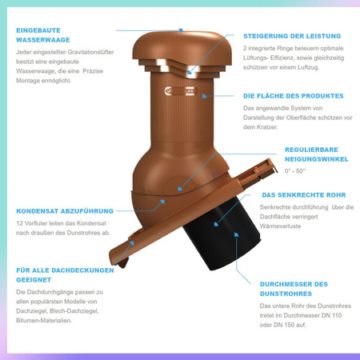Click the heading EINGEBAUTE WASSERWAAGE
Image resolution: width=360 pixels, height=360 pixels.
(x=43, y=35)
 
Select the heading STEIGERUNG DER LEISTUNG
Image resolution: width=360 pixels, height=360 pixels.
(x=292, y=36)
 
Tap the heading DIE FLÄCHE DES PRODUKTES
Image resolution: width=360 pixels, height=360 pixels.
(x=294, y=96)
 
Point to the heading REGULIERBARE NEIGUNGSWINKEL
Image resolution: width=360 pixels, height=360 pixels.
(x=317, y=154)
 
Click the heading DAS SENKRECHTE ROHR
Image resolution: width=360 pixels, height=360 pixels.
(x=304, y=195)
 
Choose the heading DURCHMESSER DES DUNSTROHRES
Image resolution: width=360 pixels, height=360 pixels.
(x=294, y=289)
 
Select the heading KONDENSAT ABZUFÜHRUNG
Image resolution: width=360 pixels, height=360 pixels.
(x=65, y=211)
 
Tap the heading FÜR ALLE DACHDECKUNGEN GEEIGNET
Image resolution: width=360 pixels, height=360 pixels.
(x=65, y=275)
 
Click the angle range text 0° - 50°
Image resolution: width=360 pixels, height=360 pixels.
(x=294, y=171)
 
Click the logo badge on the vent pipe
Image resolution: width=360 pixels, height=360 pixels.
(x=181, y=91)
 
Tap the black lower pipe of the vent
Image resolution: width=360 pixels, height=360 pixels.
(x=222, y=234)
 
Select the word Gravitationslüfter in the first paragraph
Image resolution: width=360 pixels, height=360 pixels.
(x=90, y=52)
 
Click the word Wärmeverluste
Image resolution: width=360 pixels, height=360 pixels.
(x=280, y=226)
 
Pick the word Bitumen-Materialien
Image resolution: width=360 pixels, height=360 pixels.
(x=44, y=321)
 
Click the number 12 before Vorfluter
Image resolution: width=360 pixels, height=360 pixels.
(x=19, y=223)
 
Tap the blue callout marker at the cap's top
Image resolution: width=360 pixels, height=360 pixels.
(x=181, y=30)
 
